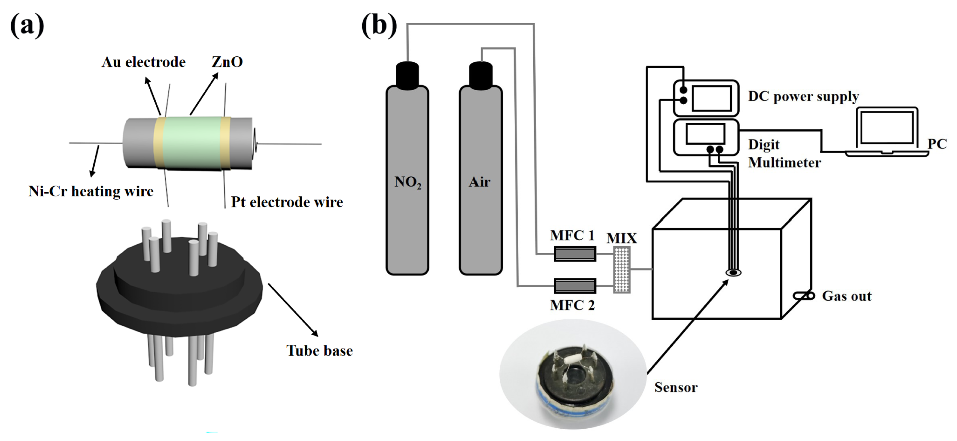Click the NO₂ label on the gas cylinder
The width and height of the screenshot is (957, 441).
408,182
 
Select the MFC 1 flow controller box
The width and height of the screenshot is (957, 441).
575,254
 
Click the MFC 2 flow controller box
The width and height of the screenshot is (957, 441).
575,286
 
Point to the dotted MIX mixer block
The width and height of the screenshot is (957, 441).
621,270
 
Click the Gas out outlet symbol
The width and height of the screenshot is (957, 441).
804,296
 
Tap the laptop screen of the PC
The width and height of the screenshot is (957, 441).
887,128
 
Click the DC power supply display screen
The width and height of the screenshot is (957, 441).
711,98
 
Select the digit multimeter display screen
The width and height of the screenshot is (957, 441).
705,134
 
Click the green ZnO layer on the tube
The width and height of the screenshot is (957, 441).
191,143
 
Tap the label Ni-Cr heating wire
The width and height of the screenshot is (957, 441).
91,191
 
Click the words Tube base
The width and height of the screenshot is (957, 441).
319,350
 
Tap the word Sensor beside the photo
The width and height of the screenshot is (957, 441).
676,387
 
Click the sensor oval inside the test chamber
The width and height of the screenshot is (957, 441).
733,273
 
